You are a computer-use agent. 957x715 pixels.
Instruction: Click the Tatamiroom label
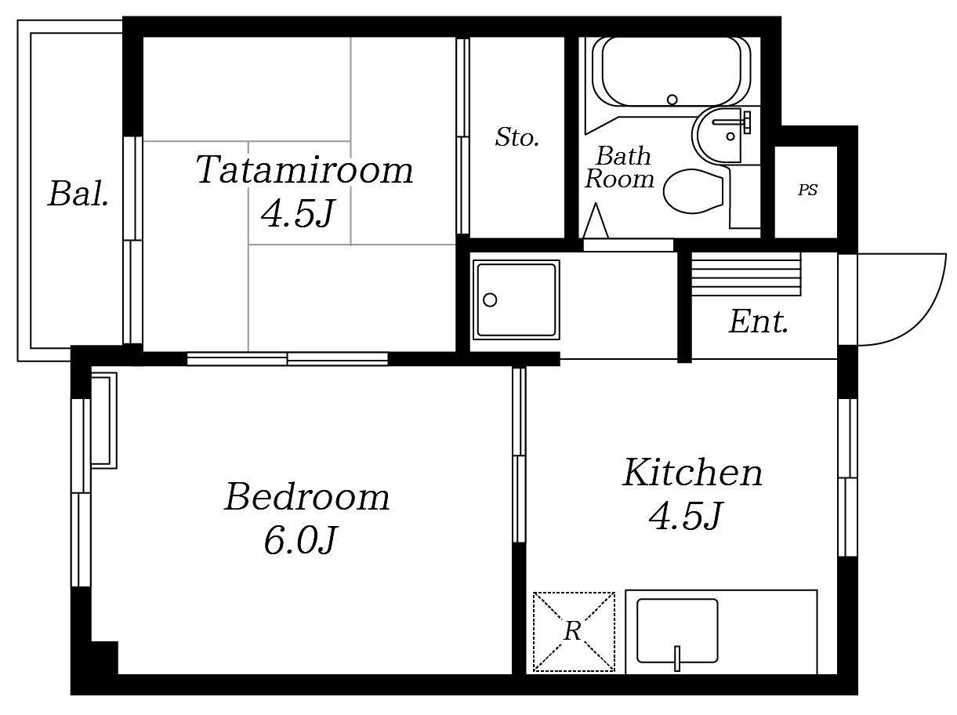(304, 170)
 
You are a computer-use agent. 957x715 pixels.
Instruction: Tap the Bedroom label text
(307, 498)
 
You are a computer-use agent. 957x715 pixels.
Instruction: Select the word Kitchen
(693, 473)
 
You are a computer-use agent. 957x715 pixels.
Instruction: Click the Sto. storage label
(517, 137)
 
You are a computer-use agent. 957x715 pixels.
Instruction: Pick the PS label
(807, 190)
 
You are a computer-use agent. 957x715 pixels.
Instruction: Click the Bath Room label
(619, 168)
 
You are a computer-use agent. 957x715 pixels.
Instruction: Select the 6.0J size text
(300, 540)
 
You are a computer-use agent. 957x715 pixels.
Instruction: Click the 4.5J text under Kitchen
(686, 516)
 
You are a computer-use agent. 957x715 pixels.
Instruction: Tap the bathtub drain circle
(672, 100)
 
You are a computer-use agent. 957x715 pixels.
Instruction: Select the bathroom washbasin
(723, 135)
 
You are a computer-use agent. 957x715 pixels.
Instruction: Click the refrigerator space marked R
(574, 631)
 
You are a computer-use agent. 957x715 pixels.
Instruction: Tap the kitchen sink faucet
(677, 659)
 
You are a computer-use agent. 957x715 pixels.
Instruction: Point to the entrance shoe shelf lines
(746, 274)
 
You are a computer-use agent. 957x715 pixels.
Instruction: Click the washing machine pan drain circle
(490, 300)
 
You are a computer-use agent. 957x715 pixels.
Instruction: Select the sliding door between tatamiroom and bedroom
(288, 359)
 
